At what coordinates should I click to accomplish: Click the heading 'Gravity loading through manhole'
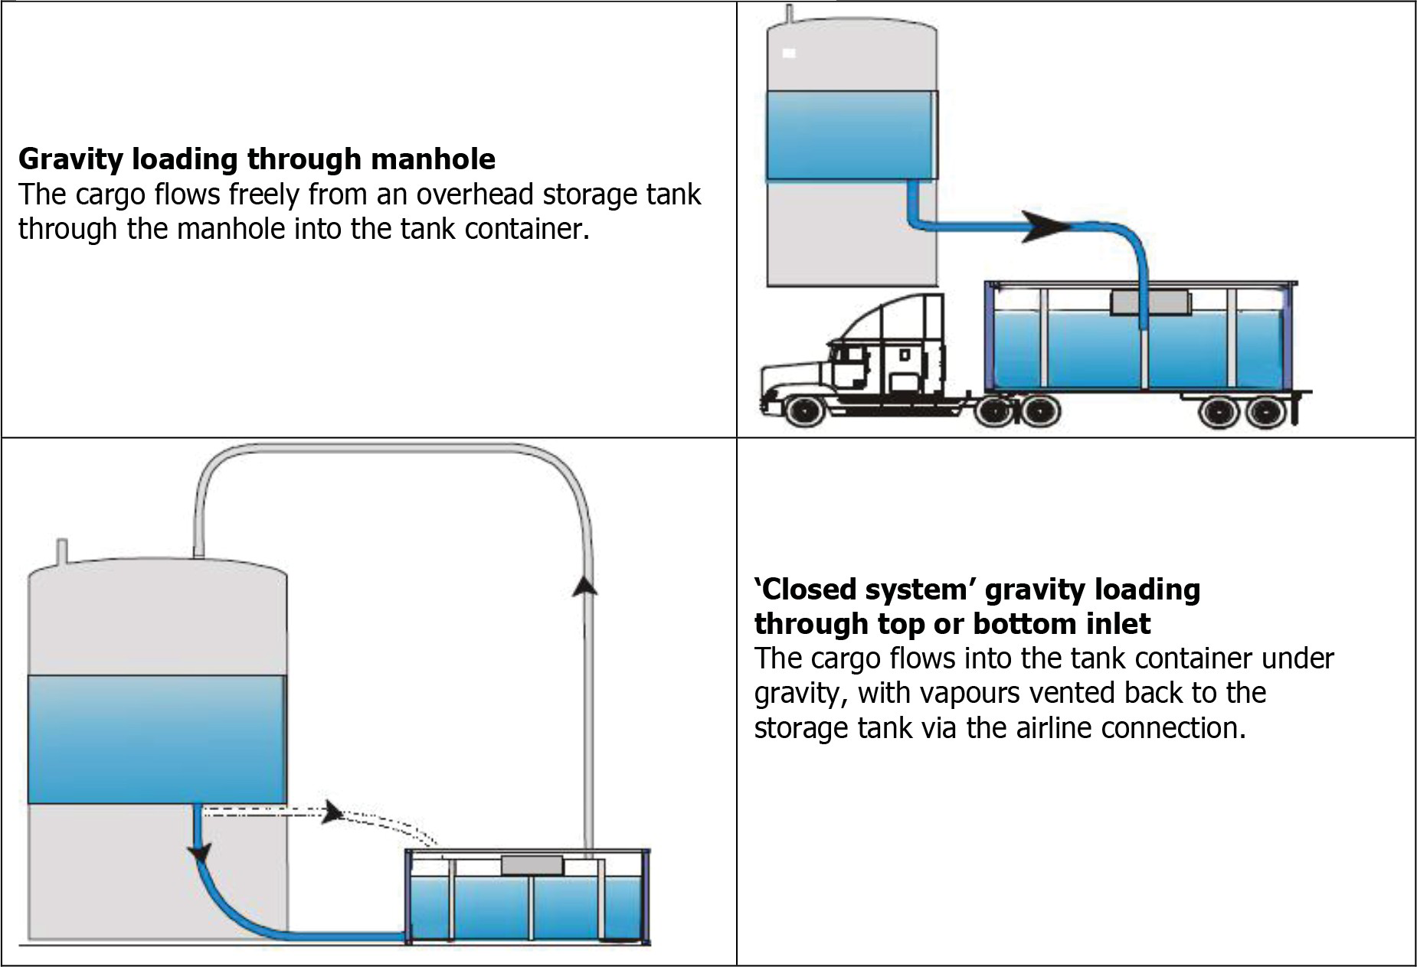[x=257, y=159]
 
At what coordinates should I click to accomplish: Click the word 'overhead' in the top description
[x=473, y=194]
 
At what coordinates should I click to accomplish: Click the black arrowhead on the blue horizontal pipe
[x=1045, y=225]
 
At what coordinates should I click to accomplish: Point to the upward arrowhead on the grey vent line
[x=586, y=585]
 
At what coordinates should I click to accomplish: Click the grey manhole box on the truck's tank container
[x=1150, y=302]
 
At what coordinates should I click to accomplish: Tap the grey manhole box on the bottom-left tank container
[x=532, y=866]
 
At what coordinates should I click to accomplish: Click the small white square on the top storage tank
[x=789, y=53]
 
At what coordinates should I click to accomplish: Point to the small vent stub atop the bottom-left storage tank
[x=63, y=551]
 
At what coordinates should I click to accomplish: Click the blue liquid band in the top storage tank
[x=850, y=136]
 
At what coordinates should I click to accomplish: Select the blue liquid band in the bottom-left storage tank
[x=157, y=739]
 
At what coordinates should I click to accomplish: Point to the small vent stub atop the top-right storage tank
[x=790, y=14]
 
